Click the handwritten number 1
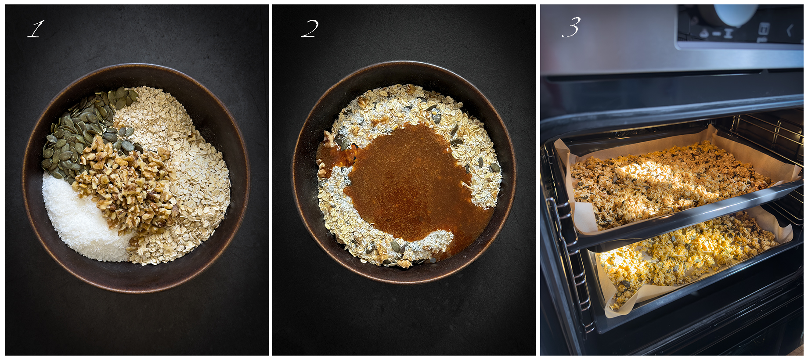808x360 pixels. point(36,29)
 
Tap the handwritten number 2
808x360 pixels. point(310,29)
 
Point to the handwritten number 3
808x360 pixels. point(571,27)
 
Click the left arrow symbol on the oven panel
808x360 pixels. point(790,30)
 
